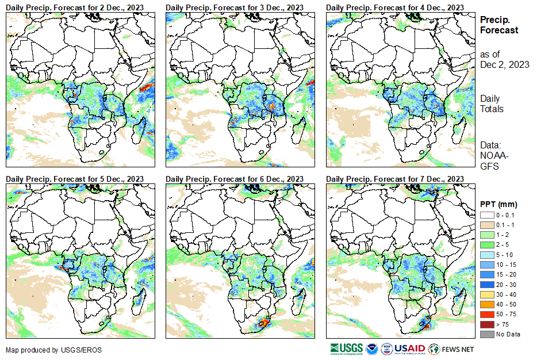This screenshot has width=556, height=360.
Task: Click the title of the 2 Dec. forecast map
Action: [75, 7]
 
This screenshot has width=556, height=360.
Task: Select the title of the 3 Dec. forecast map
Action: [235, 7]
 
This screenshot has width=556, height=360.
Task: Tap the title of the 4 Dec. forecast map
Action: [395, 7]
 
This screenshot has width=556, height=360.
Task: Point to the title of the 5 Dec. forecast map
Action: [75, 179]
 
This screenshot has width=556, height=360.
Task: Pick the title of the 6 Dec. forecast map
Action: [235, 179]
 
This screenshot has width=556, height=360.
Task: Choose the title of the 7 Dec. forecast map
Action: [395, 179]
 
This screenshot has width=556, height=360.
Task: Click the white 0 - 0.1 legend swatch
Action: [486, 215]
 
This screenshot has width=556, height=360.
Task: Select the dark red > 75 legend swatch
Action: [486, 324]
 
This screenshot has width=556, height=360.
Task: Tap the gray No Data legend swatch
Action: [486, 334]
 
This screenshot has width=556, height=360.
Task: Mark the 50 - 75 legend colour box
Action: [486, 315]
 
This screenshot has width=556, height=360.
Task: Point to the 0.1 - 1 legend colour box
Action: [486, 224]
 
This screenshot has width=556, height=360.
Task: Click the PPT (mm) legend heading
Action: [499, 204]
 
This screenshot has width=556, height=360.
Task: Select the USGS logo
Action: [346, 348]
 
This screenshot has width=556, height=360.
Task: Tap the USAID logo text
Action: [409, 348]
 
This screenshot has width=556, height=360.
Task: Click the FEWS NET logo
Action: [451, 348]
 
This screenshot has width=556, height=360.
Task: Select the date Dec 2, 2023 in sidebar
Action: [504, 64]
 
